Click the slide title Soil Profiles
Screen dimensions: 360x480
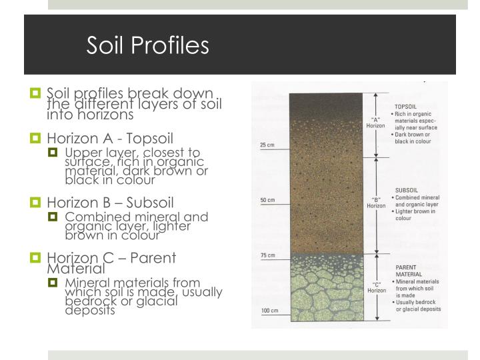coord(148,45)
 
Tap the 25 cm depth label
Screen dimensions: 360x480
coord(267,145)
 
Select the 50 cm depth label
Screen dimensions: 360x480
coord(267,200)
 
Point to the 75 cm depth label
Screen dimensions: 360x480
coord(267,255)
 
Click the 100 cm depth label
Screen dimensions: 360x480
coord(268,311)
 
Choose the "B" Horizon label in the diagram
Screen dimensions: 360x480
coord(376,202)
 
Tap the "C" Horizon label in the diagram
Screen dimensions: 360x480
coord(376,287)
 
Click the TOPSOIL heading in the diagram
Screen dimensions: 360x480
coord(407,106)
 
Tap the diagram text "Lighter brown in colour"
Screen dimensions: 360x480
coord(416,215)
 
